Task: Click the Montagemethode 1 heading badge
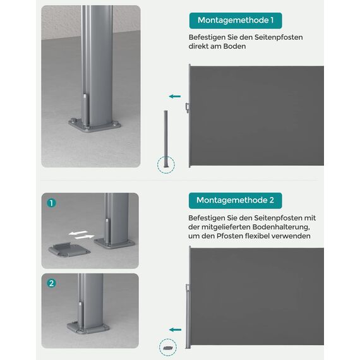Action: [235, 21]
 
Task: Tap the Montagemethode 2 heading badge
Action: [235, 200]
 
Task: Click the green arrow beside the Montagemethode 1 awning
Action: [174, 97]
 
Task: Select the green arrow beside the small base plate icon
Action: [174, 328]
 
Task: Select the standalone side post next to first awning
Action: [166, 136]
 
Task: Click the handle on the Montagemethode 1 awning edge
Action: [187, 108]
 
